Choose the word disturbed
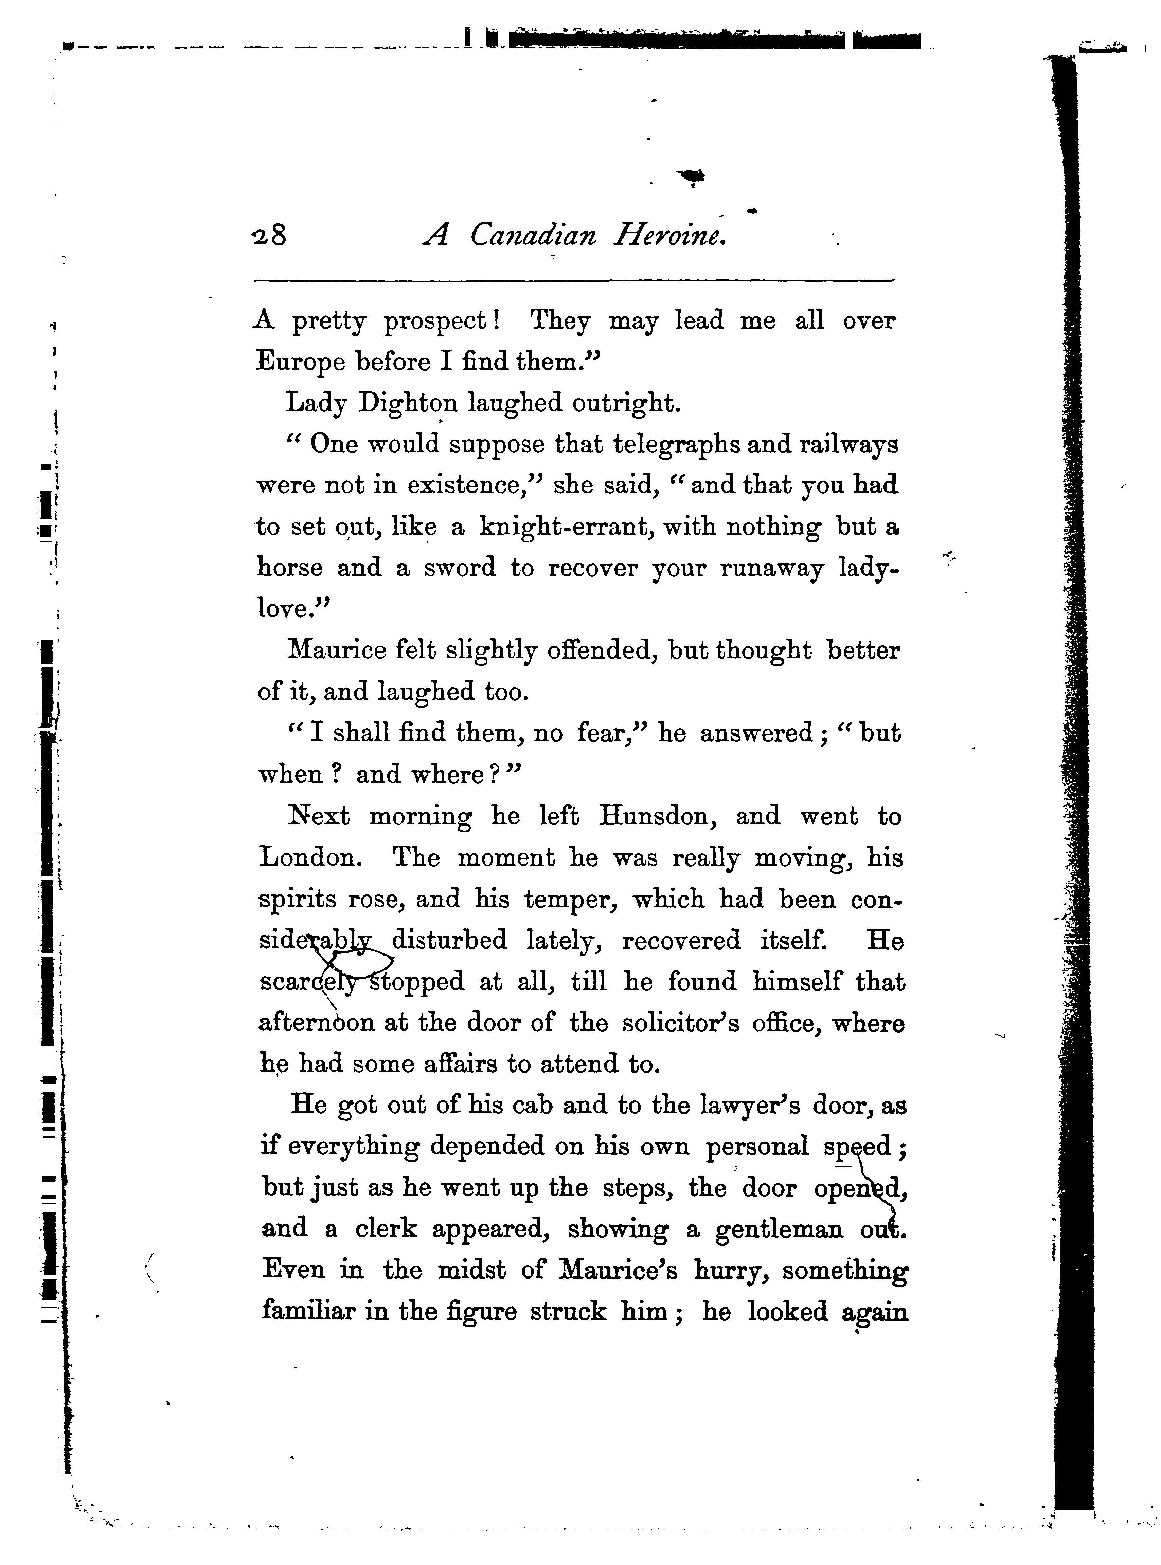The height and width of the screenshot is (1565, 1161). [x=450, y=941]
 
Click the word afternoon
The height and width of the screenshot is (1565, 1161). [x=317, y=1023]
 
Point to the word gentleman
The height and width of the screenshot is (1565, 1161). [x=779, y=1230]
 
